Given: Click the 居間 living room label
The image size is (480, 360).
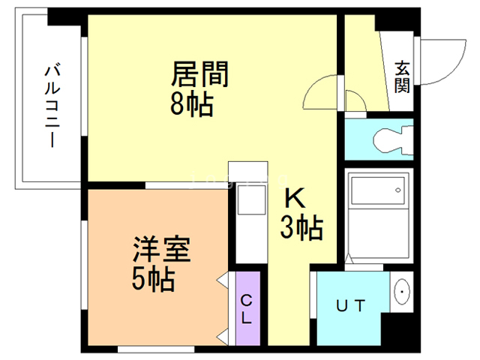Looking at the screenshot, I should click(x=199, y=75).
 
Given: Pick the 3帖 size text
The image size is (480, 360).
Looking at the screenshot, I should click(x=301, y=226).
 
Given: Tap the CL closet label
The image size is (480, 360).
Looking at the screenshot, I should click(x=247, y=308).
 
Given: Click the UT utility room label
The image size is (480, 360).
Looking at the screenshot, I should click(x=350, y=305).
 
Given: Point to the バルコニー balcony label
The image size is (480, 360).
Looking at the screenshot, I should click(x=52, y=105).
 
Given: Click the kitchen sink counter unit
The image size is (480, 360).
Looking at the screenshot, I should click(x=248, y=214).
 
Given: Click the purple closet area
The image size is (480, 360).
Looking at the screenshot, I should click(x=247, y=307).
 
